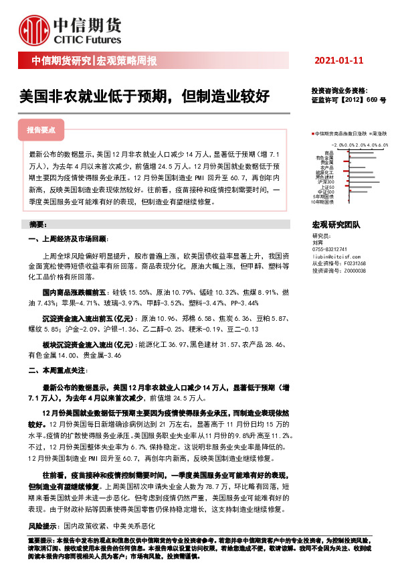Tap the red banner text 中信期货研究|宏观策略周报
94,62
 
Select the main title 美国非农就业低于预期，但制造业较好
144,96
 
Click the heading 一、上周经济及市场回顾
68,239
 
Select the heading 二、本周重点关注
58,369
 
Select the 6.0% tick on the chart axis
383,144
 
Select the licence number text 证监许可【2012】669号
349,98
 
